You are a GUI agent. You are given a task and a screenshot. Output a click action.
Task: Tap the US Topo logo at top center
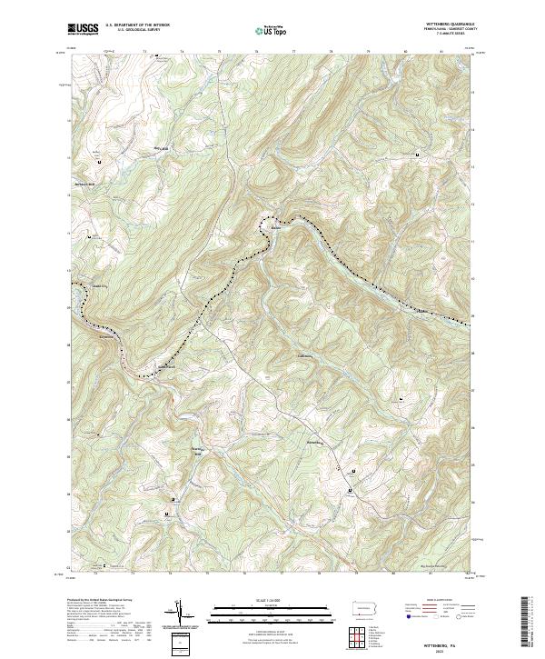pyautogui.click(x=270, y=29)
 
